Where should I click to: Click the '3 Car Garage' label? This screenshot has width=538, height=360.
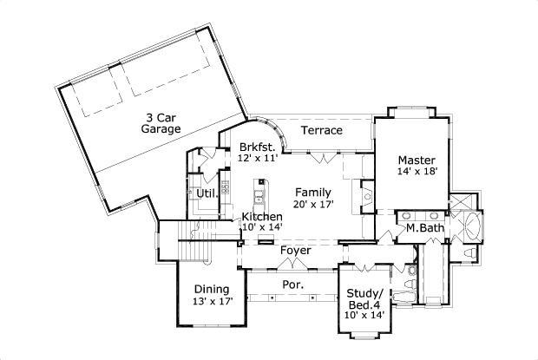161,122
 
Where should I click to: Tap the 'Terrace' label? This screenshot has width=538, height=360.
321,130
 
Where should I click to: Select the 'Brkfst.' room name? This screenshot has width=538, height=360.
258,147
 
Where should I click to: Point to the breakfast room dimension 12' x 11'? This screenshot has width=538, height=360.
258,160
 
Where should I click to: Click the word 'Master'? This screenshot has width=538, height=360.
417,160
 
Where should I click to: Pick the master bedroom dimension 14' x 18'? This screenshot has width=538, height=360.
417,172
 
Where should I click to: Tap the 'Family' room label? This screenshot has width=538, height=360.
312,192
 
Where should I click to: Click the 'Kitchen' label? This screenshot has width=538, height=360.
262,216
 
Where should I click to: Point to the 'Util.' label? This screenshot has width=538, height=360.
206,193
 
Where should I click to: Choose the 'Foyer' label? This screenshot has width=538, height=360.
295,250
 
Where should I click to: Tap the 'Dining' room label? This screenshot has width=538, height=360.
211,289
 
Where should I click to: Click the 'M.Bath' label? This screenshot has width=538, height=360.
425,229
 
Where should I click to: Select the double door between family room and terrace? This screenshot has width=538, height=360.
322,157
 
